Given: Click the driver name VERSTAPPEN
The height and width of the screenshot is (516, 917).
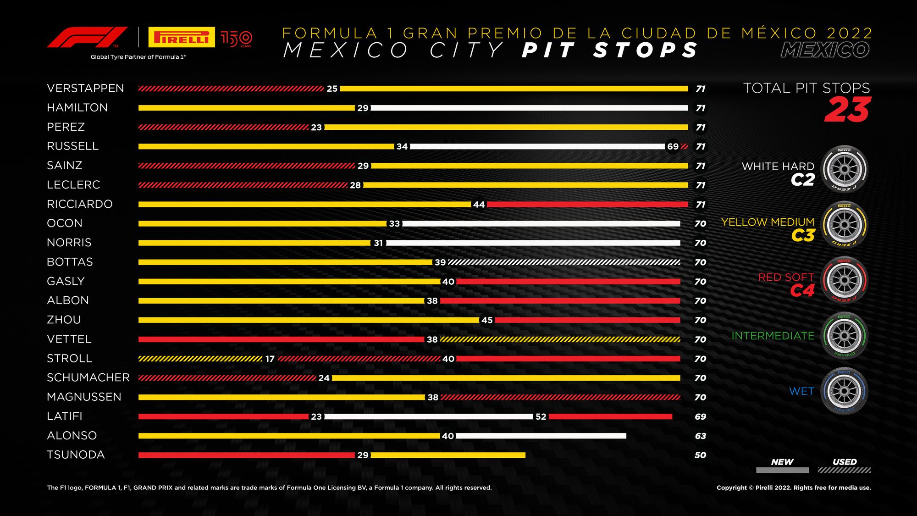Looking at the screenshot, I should click(85, 88).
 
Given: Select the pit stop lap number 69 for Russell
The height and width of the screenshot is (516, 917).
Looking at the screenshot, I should click(673, 146).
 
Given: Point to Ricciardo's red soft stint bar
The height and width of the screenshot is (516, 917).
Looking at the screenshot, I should click(587, 204).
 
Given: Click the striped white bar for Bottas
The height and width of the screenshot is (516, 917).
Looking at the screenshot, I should click(564, 262).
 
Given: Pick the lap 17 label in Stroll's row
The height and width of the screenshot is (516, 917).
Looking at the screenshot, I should click(270, 359).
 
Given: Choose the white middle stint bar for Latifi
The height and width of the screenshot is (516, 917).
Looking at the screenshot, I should click(429, 416).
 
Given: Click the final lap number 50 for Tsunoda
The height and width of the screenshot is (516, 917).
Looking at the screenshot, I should click(700, 455).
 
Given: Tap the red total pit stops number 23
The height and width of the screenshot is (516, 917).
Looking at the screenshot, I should click(847, 110).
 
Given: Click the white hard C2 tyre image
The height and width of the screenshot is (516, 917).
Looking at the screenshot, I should click(845, 169).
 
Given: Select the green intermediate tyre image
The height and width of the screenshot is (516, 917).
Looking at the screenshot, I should click(845, 336).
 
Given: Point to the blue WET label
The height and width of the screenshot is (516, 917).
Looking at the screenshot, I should click(801, 391).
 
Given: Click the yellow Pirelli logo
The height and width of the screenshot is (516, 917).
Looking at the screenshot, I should click(182, 37).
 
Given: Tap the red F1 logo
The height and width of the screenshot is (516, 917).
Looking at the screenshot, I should click(87, 37).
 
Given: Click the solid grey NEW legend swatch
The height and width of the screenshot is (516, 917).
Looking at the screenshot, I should click(782, 470).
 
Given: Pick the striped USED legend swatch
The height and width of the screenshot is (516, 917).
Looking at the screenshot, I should click(844, 470).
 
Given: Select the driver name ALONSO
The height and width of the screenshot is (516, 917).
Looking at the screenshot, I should click(72, 435).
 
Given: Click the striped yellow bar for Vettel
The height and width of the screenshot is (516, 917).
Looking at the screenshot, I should click(560, 339).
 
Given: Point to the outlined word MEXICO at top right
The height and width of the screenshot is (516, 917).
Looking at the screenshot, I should click(825, 50).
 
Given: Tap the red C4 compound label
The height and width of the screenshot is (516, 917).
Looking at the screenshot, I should click(802, 290).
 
